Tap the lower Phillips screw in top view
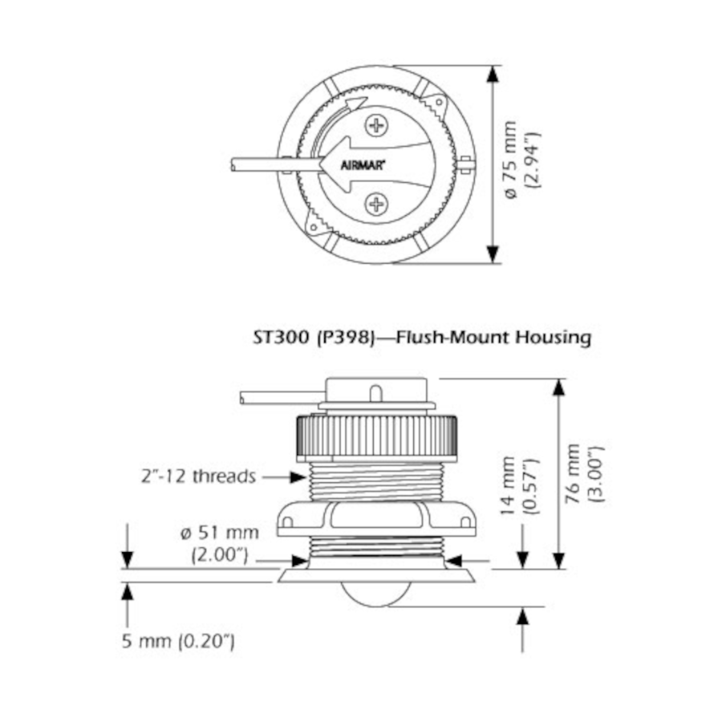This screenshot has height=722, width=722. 376,204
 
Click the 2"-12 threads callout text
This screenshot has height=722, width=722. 197,477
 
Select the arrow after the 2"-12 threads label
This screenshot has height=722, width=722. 284,477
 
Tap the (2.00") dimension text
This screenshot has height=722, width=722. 221,554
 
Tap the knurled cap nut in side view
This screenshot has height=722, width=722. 376,438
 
